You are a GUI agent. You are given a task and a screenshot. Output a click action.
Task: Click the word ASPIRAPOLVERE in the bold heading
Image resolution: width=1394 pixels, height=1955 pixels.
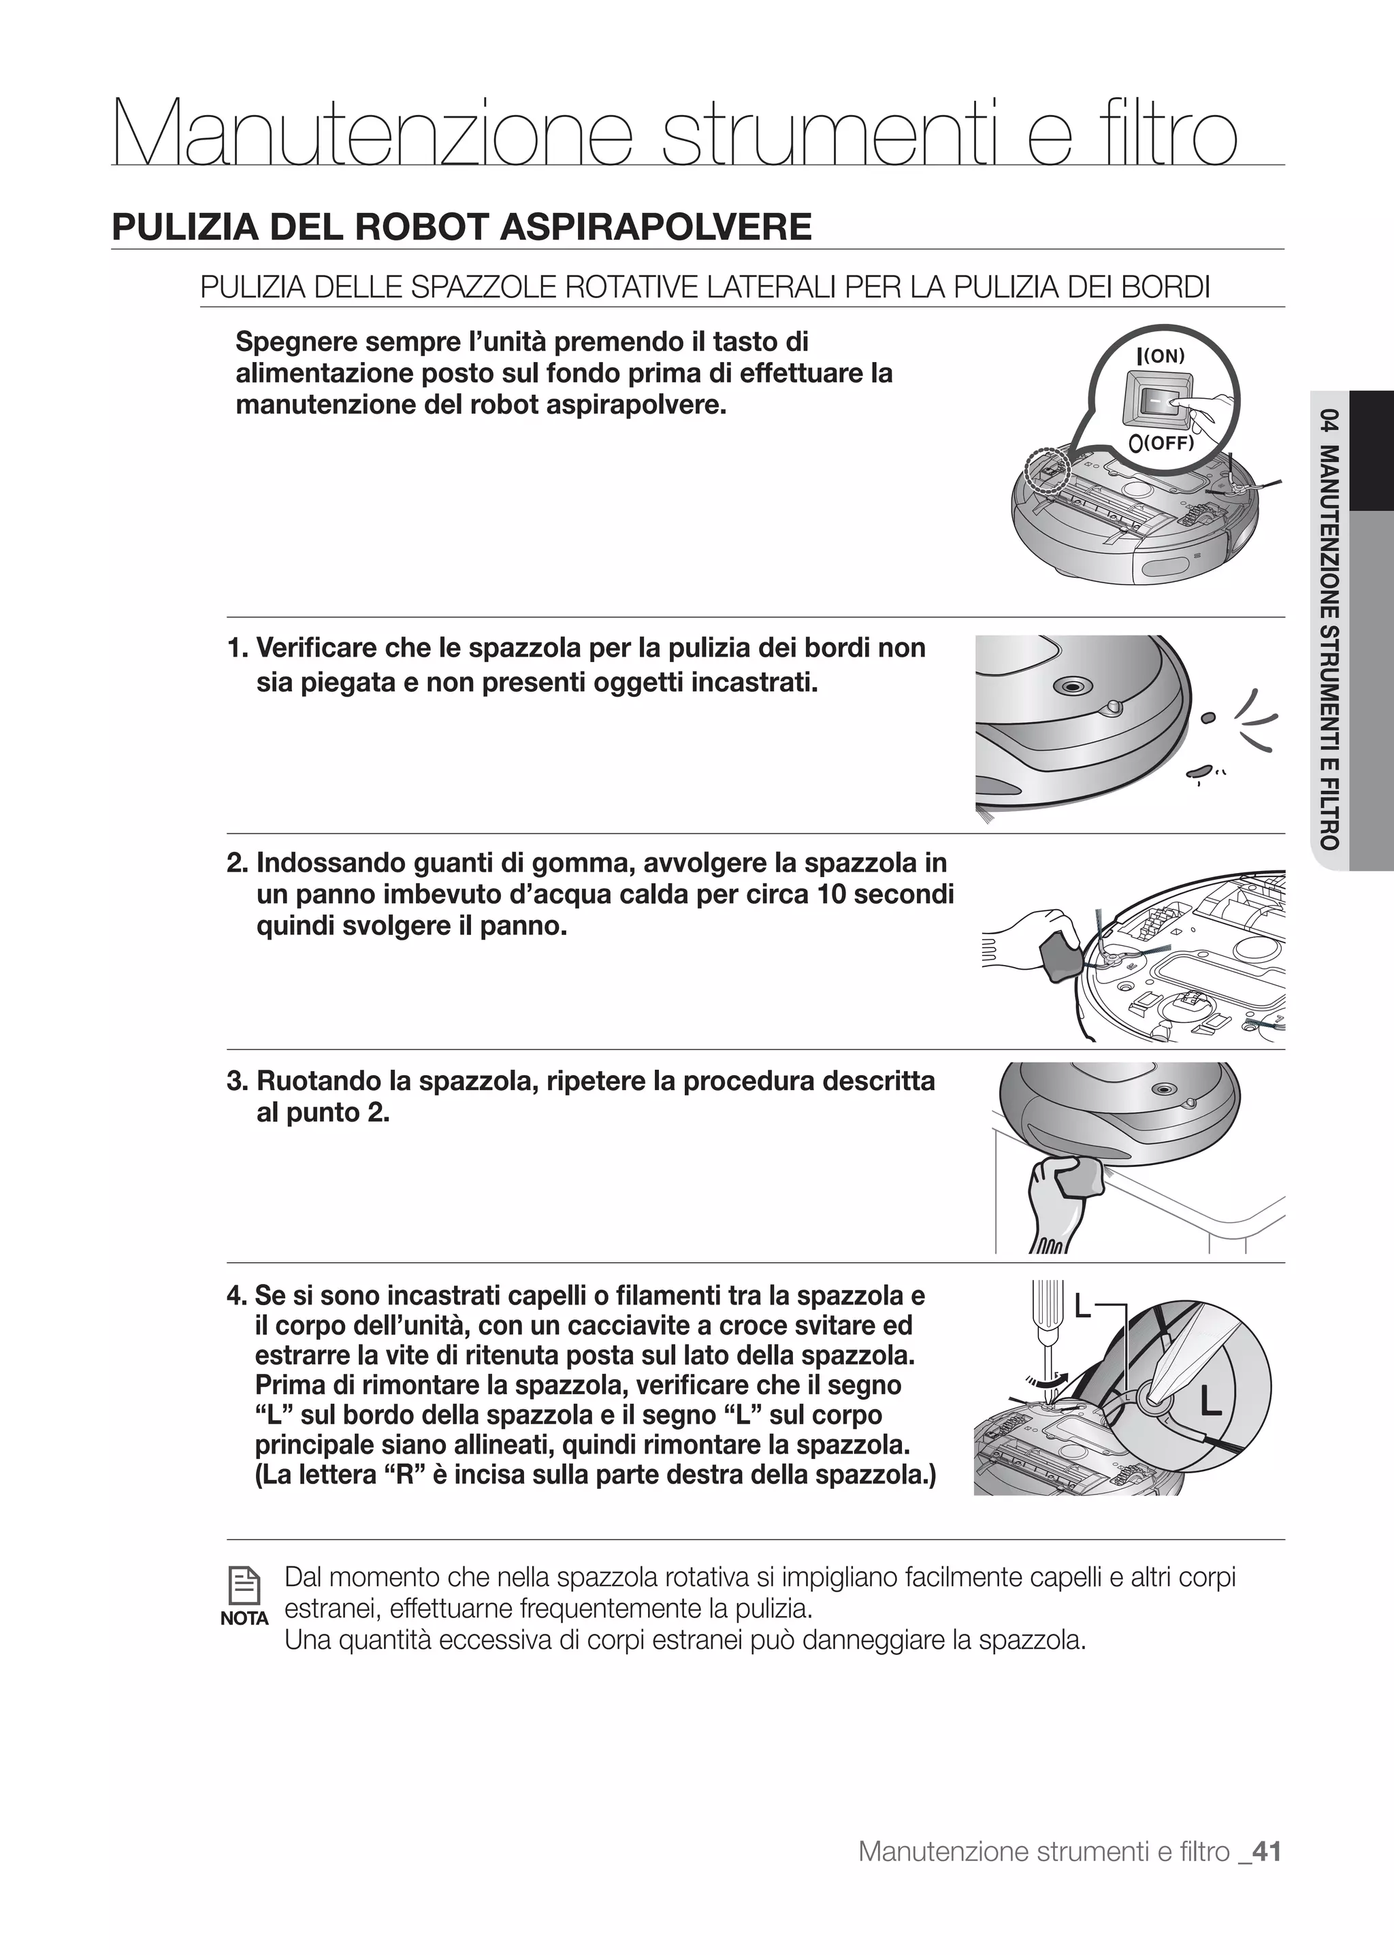pos(655,227)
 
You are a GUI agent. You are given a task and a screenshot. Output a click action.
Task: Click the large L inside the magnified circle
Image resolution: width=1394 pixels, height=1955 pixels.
pos(1210,1402)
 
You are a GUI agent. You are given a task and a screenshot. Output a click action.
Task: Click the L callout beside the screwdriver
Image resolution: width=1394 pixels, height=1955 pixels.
pos(1082,1308)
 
